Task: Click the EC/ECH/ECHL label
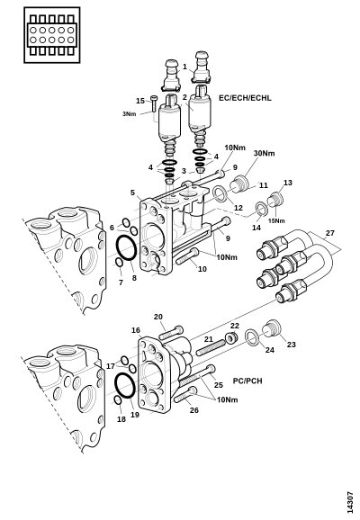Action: tap(245, 98)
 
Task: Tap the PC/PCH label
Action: tap(247, 381)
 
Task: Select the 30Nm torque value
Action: tap(265, 153)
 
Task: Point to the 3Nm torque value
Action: tap(130, 114)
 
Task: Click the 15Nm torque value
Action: tap(276, 221)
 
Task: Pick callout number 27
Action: tap(329, 233)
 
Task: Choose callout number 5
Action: tap(132, 193)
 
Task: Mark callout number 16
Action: tap(136, 330)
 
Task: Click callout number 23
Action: tap(291, 345)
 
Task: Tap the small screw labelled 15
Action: tap(154, 103)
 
